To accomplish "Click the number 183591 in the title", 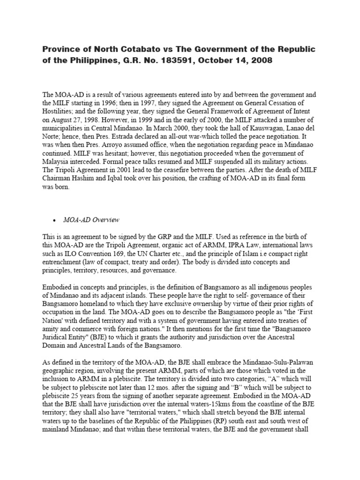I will pos(165,61).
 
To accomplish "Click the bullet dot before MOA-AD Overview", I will pos(55,220).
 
